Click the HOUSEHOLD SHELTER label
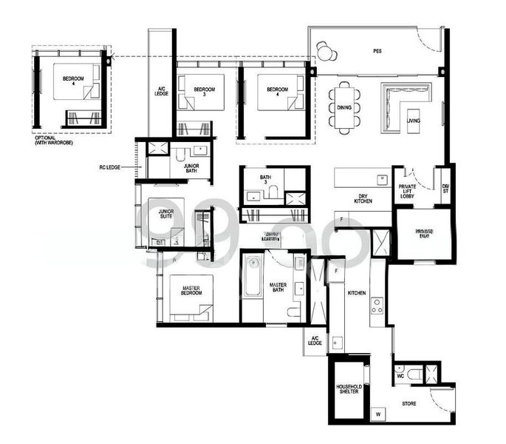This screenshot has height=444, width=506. pos(348,391)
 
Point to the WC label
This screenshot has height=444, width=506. pos(400,377)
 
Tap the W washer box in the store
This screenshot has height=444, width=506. pos(378,414)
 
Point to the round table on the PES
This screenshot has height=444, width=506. pos(326,50)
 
